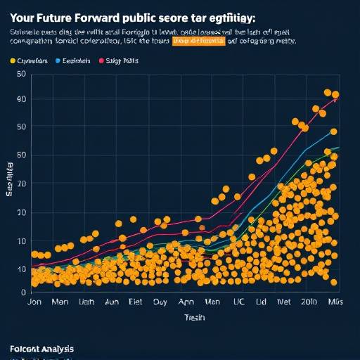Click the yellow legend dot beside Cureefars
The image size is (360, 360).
tap(13, 62)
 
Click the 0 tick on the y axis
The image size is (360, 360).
tap(23, 291)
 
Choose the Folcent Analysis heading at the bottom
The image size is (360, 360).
tap(41, 349)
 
